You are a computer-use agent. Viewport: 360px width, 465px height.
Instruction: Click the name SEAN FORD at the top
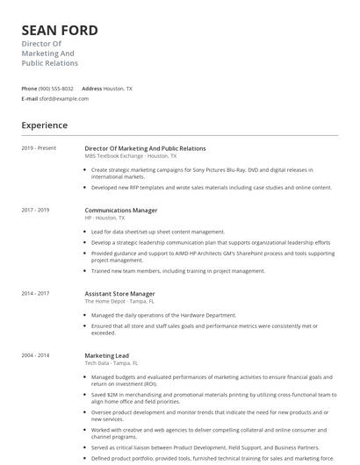(x=60, y=31)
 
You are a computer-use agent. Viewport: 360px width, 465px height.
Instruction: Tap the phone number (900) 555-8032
(x=56, y=89)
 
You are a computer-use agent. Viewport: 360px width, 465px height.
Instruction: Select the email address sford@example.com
(x=64, y=98)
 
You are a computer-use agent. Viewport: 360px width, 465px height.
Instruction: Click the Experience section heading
(x=44, y=125)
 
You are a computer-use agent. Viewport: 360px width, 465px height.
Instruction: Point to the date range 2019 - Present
(x=39, y=148)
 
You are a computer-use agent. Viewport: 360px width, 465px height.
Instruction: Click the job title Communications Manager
(x=121, y=211)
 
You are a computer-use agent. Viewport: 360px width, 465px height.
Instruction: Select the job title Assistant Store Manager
(x=119, y=293)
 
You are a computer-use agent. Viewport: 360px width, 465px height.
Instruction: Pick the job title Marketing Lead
(x=105, y=354)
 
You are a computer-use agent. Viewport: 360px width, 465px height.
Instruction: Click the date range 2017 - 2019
(x=36, y=211)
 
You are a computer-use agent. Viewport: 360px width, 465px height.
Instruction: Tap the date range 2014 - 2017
(x=36, y=293)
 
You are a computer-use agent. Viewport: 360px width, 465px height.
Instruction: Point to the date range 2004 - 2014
(x=36, y=354)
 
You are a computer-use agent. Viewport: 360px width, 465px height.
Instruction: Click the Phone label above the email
(x=29, y=89)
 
